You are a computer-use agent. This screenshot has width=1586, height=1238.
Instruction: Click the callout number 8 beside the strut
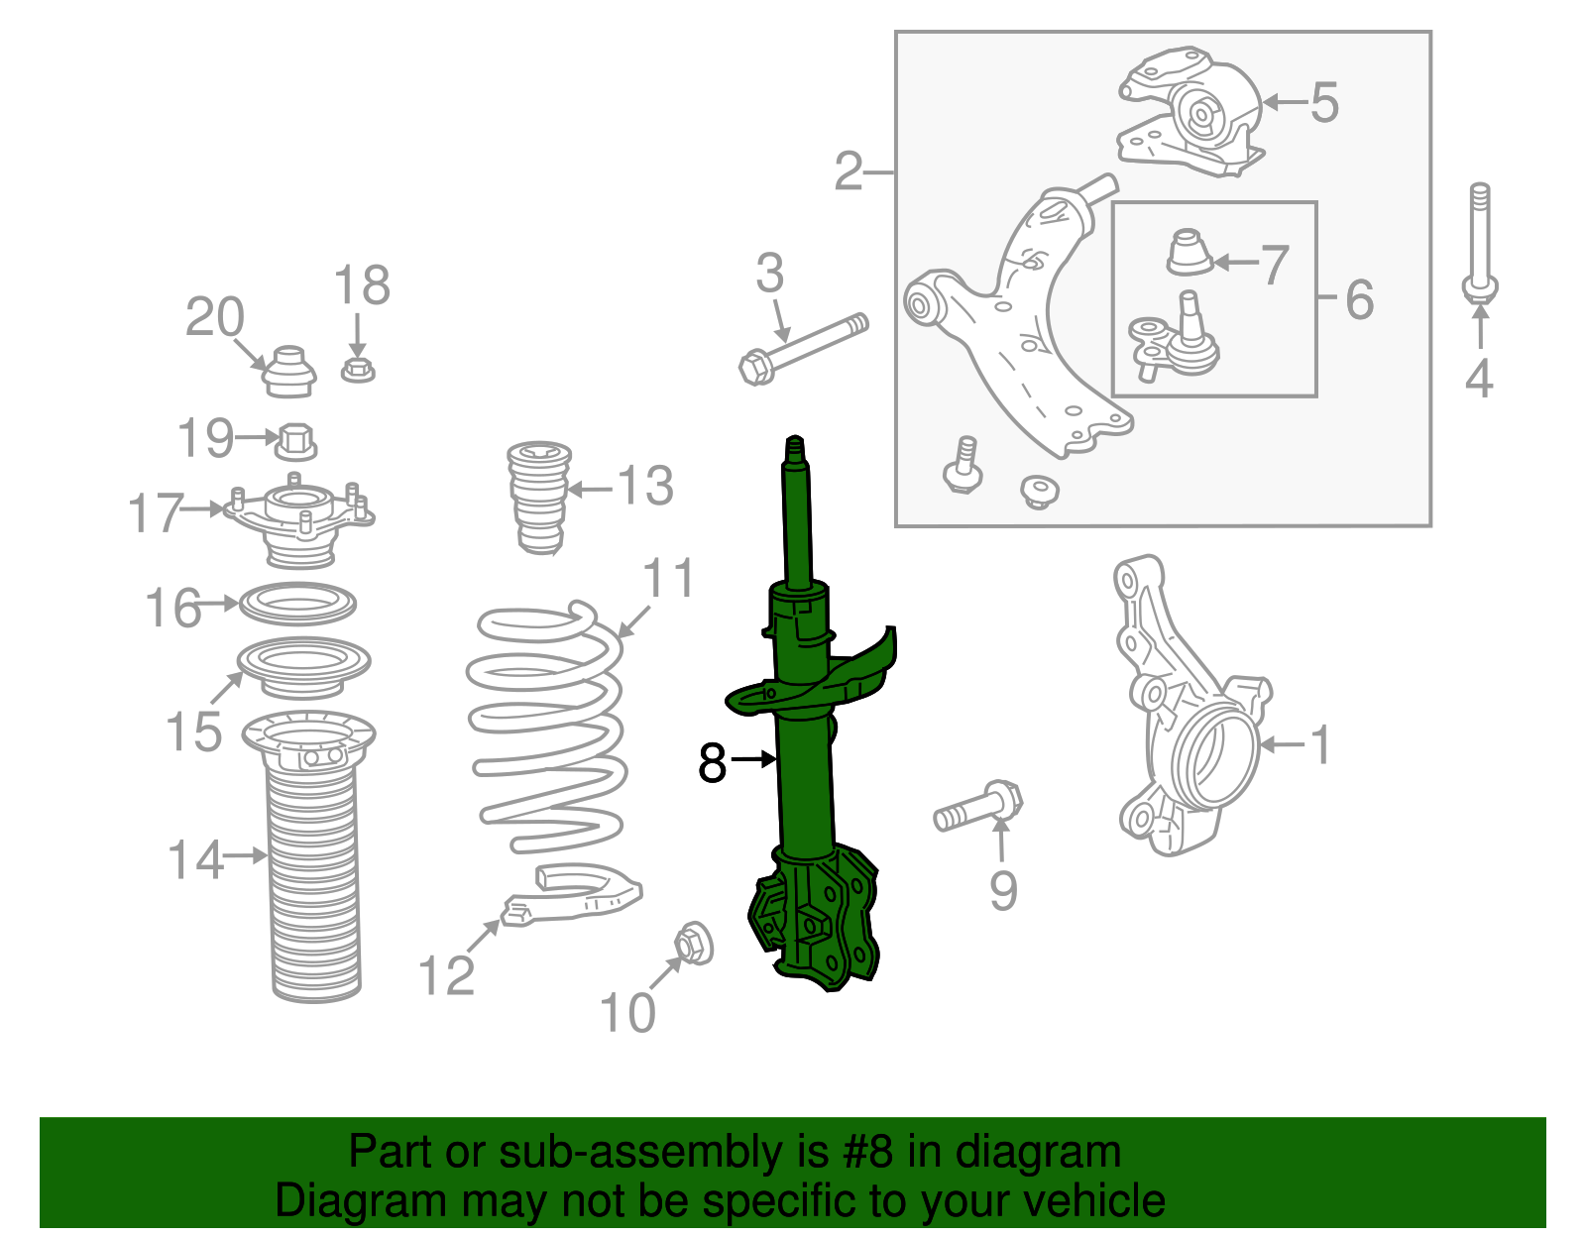click(x=712, y=762)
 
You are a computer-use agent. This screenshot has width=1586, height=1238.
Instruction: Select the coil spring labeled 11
click(x=547, y=733)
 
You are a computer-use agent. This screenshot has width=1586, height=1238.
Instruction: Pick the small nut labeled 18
click(x=359, y=371)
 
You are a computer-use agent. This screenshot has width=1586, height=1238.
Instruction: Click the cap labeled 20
click(x=289, y=371)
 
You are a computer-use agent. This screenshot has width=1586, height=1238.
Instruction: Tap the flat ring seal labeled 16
click(x=297, y=603)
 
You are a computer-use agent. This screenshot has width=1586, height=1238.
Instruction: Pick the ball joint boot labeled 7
click(x=1188, y=253)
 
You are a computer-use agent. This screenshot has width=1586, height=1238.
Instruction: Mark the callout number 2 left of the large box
click(x=849, y=171)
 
